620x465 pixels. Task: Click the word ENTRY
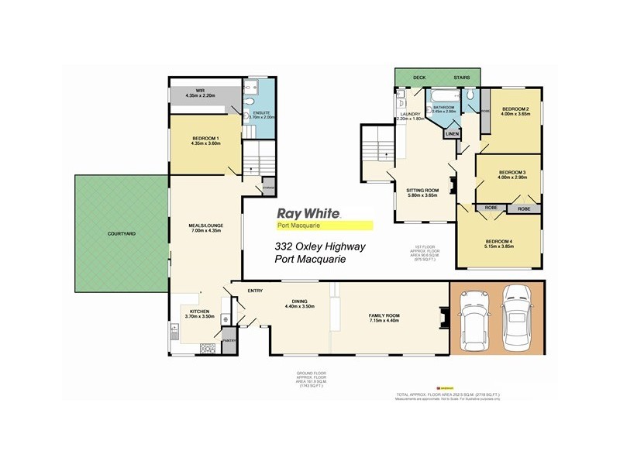[255, 291]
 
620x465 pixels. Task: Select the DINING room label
[298, 304]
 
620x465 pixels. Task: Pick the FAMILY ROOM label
[383, 315]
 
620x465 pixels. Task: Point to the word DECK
[419, 77]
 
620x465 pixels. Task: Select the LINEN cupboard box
[452, 133]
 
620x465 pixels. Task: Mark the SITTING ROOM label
[422, 193]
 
